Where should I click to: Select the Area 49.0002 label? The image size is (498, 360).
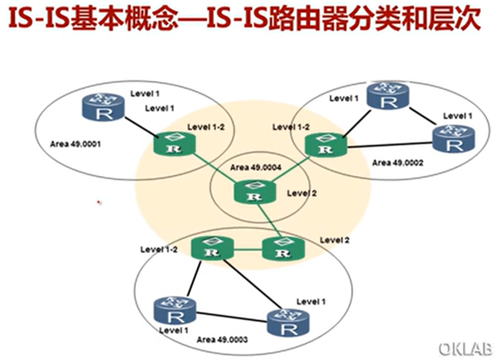point(398,162)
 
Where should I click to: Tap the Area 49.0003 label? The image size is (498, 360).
point(222,339)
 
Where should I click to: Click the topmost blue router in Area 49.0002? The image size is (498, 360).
point(389,95)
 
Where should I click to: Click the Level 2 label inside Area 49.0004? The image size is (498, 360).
point(302,193)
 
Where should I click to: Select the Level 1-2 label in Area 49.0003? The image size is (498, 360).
point(159,249)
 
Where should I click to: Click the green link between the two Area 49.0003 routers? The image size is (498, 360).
point(247,251)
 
